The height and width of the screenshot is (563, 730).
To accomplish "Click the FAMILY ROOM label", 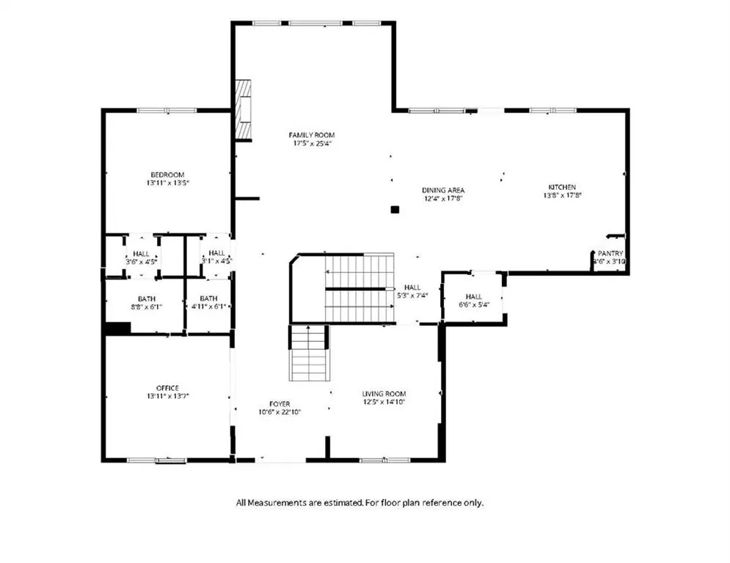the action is [x=312, y=135].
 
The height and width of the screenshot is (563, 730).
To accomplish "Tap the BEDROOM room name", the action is [x=167, y=175].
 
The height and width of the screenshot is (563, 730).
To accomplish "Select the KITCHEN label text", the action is [x=562, y=187].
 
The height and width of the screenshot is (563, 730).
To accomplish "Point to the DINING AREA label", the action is [x=443, y=190].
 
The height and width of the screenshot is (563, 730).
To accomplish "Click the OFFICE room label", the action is [x=167, y=388].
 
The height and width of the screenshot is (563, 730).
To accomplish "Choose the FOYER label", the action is [x=280, y=404].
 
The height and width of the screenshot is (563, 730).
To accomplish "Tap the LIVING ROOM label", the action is [x=384, y=394].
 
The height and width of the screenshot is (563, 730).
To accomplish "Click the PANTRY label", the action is [x=610, y=254].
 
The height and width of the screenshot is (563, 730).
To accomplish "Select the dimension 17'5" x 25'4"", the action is [x=312, y=143].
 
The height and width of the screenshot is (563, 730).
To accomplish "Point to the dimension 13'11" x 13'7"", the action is [x=167, y=397].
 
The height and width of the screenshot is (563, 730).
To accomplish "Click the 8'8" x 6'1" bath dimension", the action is [x=146, y=306].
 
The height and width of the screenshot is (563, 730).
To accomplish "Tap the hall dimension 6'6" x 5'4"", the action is [x=474, y=305].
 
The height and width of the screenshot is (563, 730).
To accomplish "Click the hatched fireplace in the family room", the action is [x=243, y=110].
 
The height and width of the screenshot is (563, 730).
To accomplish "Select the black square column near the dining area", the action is [x=395, y=210].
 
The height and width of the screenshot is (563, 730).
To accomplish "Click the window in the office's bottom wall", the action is [x=157, y=460].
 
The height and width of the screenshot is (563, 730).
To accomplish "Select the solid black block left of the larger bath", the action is [x=118, y=328].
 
